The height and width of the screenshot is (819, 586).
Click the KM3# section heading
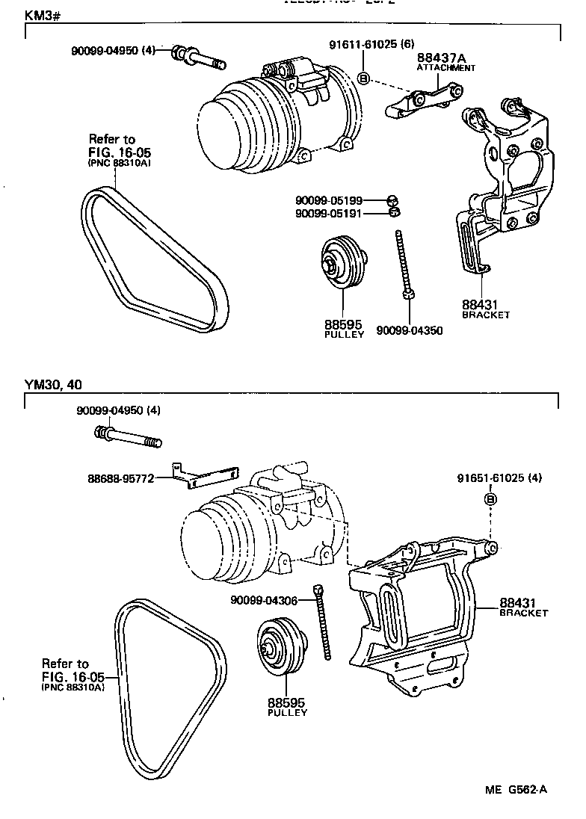pos(42,15)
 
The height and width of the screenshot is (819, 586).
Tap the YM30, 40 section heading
pos(53,385)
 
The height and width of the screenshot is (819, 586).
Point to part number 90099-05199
pos(328,200)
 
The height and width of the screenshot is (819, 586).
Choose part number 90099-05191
pos(328,213)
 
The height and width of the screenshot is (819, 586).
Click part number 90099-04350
pos(409,330)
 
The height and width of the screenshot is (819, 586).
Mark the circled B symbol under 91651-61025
pos(491,499)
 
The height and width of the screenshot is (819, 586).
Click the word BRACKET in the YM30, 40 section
pos(523,612)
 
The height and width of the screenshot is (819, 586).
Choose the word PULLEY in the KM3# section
pos(344,334)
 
